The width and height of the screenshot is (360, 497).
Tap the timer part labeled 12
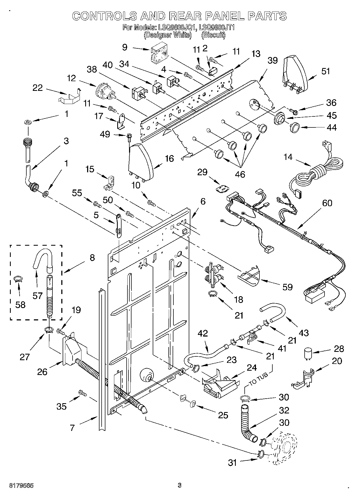tap(105, 92)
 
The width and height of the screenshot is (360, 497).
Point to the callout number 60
tap(327, 203)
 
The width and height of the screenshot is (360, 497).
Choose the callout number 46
tap(240, 174)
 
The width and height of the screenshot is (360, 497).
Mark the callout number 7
tap(72, 428)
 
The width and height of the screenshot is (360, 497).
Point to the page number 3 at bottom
tap(180, 485)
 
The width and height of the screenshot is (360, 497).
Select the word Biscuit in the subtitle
tap(213, 35)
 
